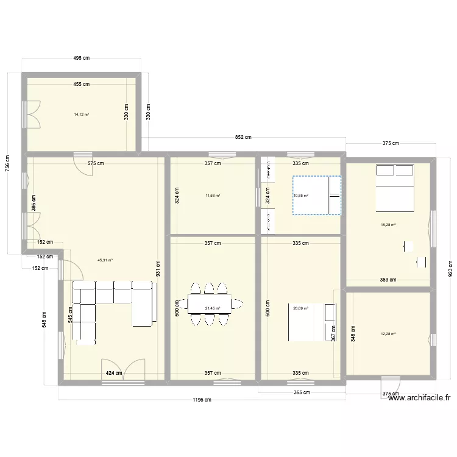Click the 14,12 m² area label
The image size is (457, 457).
pos(82,115)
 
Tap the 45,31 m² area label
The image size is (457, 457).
pos(105,260)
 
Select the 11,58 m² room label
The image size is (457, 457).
pos(213,196)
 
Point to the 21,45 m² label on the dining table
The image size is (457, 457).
pos(213,308)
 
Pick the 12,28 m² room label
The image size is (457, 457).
pos(388,333)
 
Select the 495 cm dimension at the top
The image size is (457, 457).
pos(82,58)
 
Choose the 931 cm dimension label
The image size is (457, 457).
pos(158,266)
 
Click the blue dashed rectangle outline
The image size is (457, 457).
pos(316,196)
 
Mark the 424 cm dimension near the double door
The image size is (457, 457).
pos(113,373)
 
